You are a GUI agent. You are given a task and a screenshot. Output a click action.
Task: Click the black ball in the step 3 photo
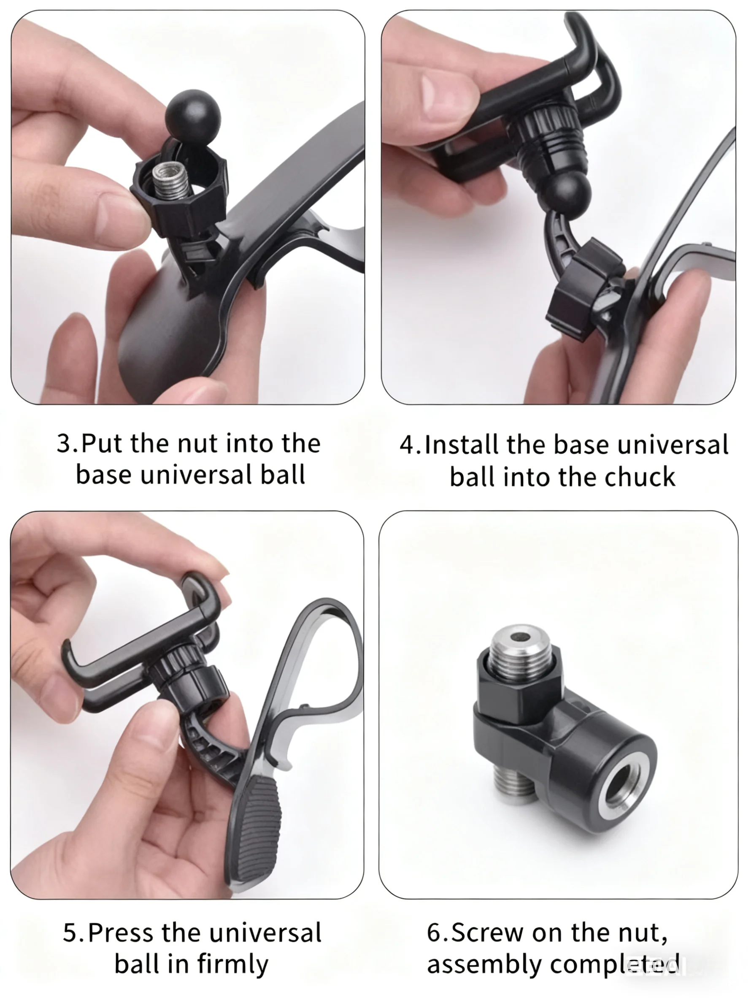tap(193, 116)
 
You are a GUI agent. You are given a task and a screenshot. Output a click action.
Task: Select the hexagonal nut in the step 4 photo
tap(585, 289)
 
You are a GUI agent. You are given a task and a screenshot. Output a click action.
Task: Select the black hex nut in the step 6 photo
tap(519, 689)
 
